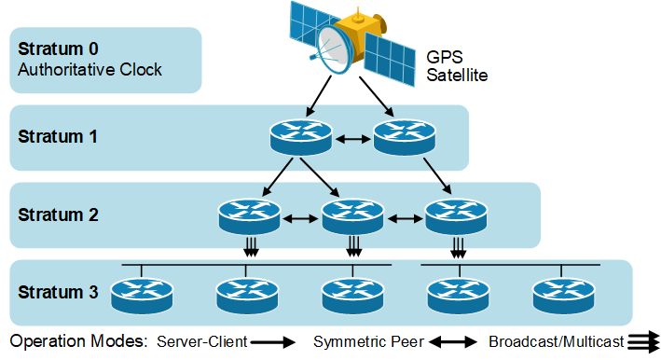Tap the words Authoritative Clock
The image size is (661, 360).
tap(90, 70)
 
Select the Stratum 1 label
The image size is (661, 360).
tap(58, 136)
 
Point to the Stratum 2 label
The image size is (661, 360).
tap(58, 214)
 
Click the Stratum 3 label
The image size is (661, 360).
tap(58, 292)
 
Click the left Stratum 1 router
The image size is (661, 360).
tap(300, 139)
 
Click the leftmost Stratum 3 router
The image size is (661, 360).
tap(142, 296)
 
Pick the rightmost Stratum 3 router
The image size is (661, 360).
tap(563, 296)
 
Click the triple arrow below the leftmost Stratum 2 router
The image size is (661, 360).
tap(249, 247)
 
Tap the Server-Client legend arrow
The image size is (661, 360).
tap(272, 342)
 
